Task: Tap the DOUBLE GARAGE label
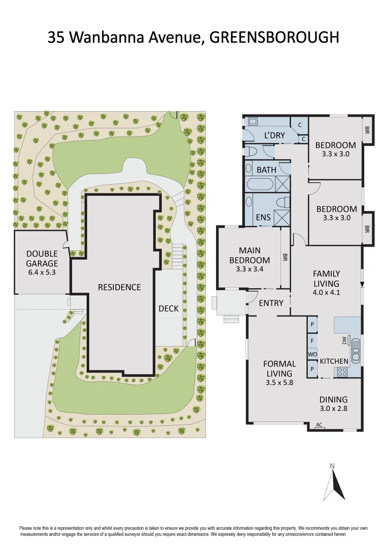[x=42, y=258]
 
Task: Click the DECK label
[x=168, y=308]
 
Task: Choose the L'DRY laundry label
[x=274, y=135]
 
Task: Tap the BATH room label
[x=266, y=169]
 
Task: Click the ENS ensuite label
[x=263, y=217]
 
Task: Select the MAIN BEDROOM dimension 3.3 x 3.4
[x=250, y=269]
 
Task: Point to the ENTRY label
[x=271, y=303]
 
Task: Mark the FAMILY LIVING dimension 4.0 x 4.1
[x=326, y=292]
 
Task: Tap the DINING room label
[x=333, y=399]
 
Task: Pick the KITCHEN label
[x=334, y=361]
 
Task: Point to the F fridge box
[x=312, y=340]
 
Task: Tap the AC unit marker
[x=319, y=425]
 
